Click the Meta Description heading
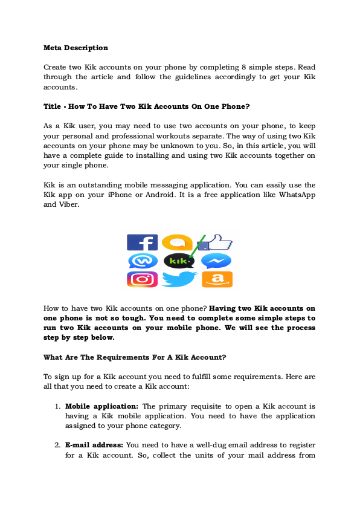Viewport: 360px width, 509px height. point(76,47)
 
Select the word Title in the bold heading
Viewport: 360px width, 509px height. point(51,106)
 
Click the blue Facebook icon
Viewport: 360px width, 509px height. point(142,243)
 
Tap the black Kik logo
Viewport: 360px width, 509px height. point(179,261)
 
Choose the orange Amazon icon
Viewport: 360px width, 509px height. point(217,279)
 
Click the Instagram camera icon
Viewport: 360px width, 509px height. point(142,279)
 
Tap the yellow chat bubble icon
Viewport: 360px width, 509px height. point(178,242)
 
